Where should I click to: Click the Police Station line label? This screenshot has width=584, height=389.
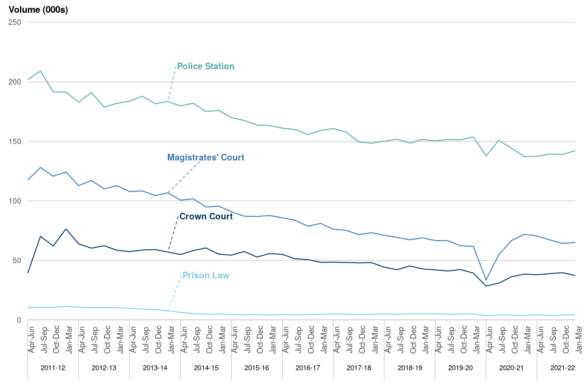(x=205, y=66)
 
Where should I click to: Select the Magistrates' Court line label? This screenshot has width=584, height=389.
(x=206, y=157)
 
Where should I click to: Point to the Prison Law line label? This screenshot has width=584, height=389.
(x=206, y=275)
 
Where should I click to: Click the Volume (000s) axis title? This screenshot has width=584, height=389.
(x=38, y=9)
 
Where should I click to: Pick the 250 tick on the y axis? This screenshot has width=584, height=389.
(x=15, y=22)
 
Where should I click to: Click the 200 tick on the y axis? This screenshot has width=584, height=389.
(x=15, y=82)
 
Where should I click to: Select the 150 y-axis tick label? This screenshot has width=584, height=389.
(x=15, y=142)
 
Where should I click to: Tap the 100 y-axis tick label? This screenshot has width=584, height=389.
(x=15, y=201)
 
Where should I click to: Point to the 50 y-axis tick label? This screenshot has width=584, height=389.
(x=17, y=261)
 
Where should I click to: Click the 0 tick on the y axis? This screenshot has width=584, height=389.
(x=19, y=320)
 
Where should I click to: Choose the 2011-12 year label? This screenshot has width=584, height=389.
(x=53, y=368)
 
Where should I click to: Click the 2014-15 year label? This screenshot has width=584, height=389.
(x=206, y=368)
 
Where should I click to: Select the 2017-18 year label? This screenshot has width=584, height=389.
(x=358, y=368)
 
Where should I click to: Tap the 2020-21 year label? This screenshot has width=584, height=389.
(x=511, y=368)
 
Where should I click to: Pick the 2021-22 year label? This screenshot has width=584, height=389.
(x=562, y=368)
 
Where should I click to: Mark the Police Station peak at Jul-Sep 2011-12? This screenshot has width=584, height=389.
(x=40, y=71)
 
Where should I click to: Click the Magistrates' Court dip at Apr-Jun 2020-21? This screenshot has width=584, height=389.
(x=486, y=280)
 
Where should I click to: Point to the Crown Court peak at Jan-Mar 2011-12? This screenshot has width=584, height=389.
(x=66, y=229)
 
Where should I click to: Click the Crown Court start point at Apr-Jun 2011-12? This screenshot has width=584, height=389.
(x=28, y=273)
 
